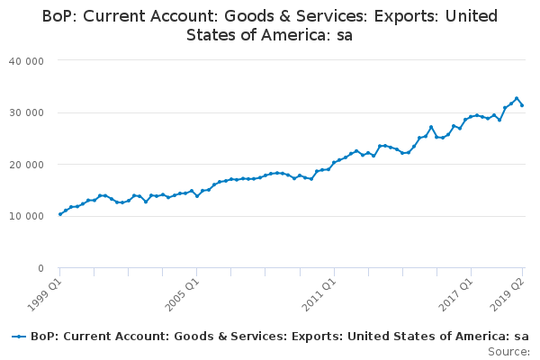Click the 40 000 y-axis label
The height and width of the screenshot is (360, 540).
tap(26, 61)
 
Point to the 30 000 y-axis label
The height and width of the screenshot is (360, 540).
tap(26, 113)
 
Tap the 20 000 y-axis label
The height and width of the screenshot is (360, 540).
tap(26, 165)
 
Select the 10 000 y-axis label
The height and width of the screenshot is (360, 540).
tap(26, 216)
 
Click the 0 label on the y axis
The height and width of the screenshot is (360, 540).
tap(41, 268)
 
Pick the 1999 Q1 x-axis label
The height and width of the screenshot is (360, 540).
tap(44, 295)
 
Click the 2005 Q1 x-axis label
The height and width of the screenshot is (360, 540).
tap(182, 295)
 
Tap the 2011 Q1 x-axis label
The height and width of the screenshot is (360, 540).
tap(319, 295)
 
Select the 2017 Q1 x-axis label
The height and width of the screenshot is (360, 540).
tap(456, 295)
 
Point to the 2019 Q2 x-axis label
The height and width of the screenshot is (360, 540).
tap(508, 295)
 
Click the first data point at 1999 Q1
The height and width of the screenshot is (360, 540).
tap(60, 214)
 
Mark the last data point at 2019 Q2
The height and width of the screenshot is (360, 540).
tap(522, 105)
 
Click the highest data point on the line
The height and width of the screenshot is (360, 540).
tap(517, 98)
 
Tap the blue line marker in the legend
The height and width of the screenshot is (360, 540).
tap(19, 337)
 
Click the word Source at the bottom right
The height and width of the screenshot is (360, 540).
tap(508, 352)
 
